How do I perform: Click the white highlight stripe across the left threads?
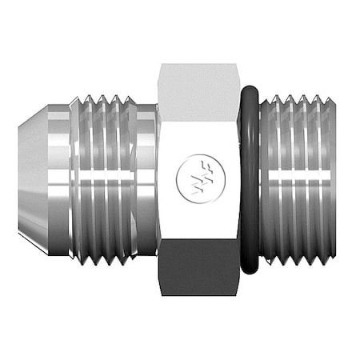104,174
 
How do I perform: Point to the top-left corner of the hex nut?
161,65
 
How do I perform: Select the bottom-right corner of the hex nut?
238,294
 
